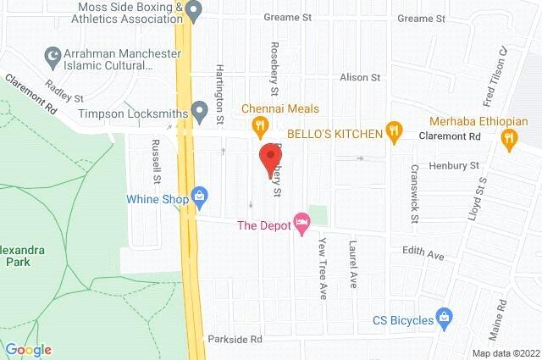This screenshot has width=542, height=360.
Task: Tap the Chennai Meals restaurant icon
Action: [x=260, y=128]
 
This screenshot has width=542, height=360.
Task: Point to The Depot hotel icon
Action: [x=301, y=224]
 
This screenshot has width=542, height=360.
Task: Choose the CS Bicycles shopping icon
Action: [x=442, y=319]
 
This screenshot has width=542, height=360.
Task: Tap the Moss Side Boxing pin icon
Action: [x=194, y=12]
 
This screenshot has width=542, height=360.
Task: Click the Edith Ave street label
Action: [x=423, y=254]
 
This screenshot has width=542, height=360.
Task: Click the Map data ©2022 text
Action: [x=505, y=353]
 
